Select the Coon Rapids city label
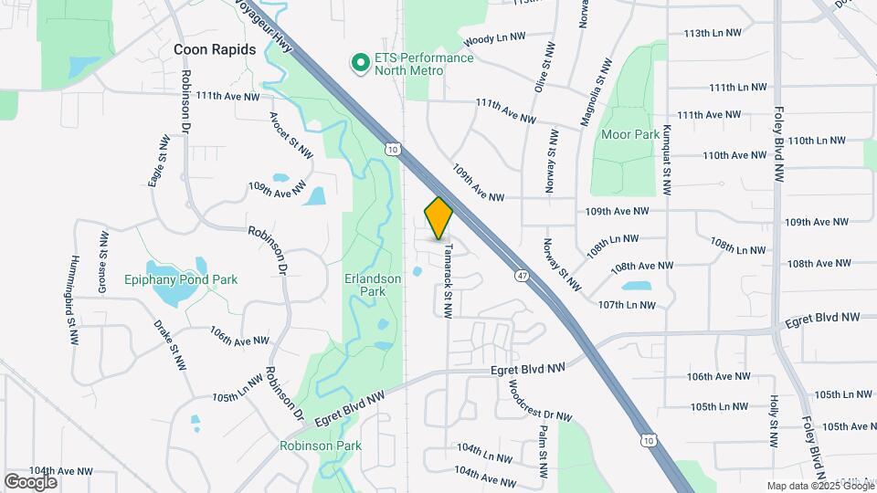click(215, 49)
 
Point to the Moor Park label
click(630, 134)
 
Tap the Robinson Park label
click(321, 446)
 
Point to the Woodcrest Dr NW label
click(539, 401)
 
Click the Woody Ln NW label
click(494, 39)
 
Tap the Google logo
click(30, 481)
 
